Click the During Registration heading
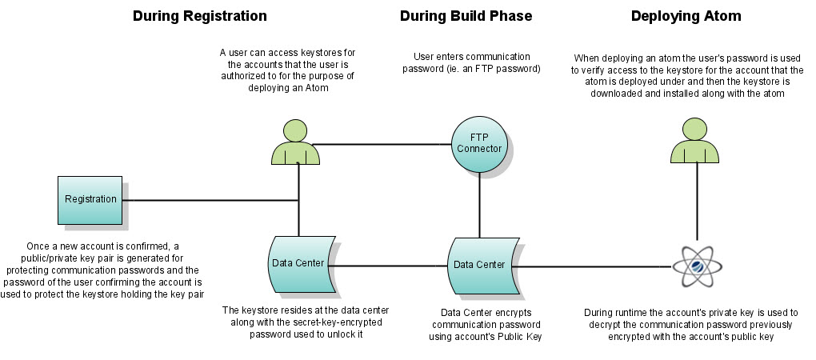pos(199,16)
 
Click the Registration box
pos(90,199)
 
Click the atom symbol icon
pos(695,266)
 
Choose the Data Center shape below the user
pos(299,265)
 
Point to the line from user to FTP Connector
pos(384,145)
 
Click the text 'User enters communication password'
pos(471,63)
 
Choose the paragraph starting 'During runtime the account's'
pos(694,325)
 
